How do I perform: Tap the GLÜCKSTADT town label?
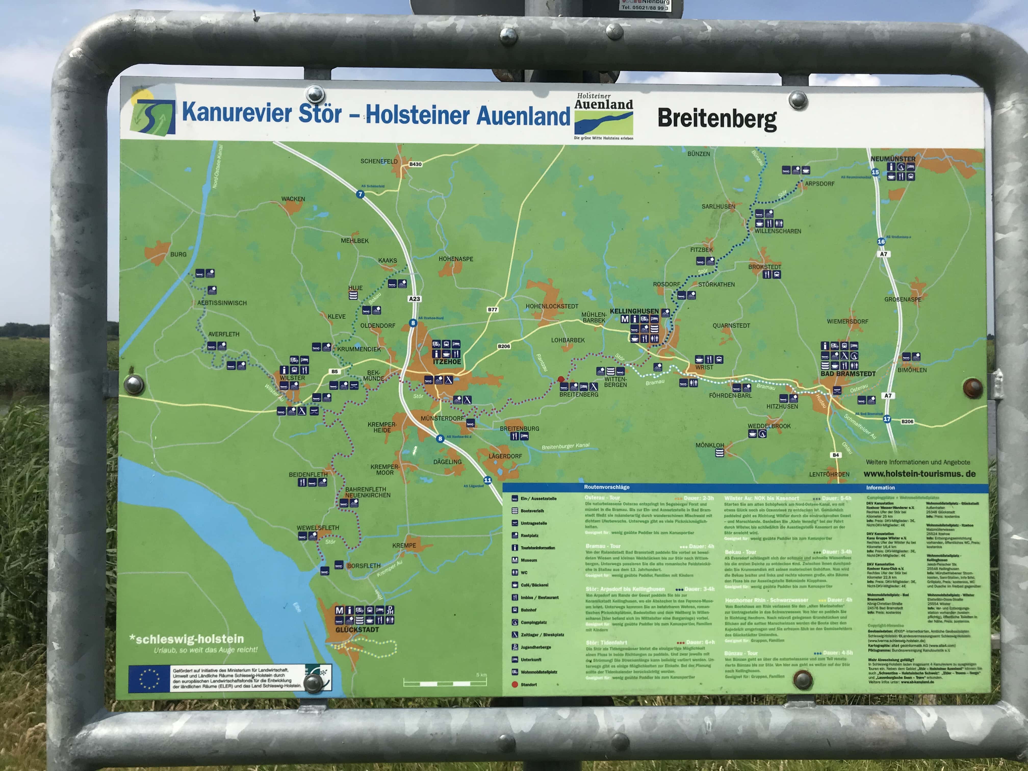[x=357, y=630]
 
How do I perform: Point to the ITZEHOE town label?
[x=447, y=362]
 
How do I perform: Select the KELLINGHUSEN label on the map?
[x=634, y=311]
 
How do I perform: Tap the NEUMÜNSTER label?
[x=893, y=159]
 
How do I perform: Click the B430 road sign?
[x=415, y=164]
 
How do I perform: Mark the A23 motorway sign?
[x=414, y=299]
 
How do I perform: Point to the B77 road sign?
[x=492, y=310]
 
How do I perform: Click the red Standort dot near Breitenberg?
[x=561, y=379]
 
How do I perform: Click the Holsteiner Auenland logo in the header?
[x=604, y=116]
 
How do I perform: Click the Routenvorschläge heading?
[x=607, y=487]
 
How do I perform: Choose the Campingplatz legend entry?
[x=533, y=622]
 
